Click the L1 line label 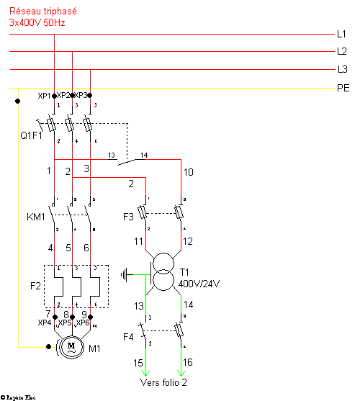click(x=341, y=34)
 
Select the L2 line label click(x=341, y=52)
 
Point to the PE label click(x=343, y=88)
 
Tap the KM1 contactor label click(x=35, y=217)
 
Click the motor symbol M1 click(x=71, y=346)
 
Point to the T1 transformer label click(x=185, y=273)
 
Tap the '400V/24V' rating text click(x=199, y=284)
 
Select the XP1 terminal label click(x=44, y=96)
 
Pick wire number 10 click(x=189, y=173)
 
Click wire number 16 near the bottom click(x=189, y=362)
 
